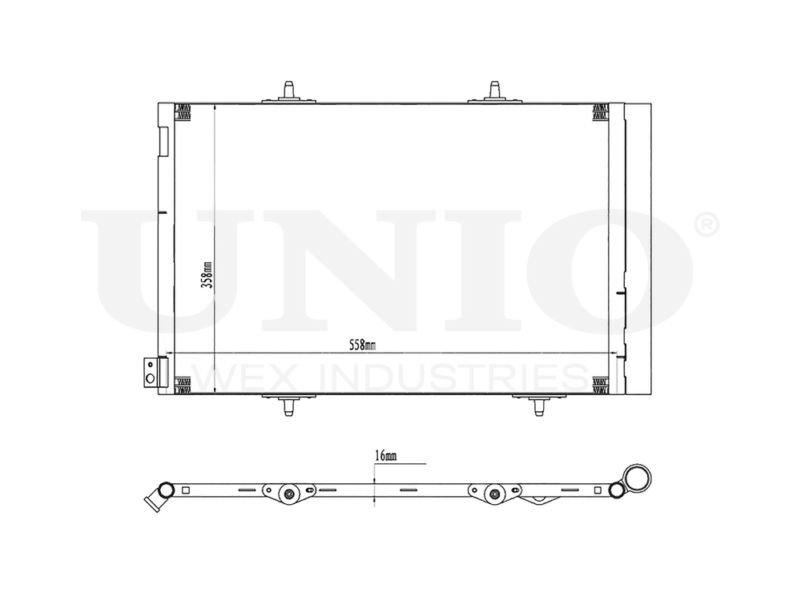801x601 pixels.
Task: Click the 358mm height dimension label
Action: click(x=207, y=275)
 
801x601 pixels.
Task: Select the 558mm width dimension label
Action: click(x=362, y=345)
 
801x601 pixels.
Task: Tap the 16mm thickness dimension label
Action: click(x=384, y=456)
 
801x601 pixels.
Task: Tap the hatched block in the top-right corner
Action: click(x=600, y=113)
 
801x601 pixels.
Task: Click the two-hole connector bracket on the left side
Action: click(x=150, y=373)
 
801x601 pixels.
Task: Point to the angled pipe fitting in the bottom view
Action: click(x=152, y=500)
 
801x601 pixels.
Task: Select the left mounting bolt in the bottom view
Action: click(x=287, y=494)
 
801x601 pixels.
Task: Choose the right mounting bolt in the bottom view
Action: click(x=495, y=494)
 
